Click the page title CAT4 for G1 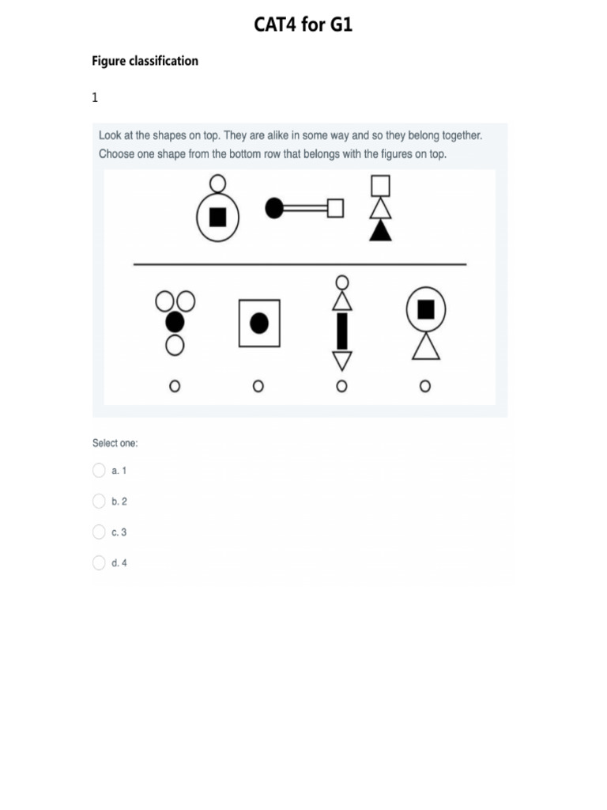(x=303, y=25)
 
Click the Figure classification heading (x=145, y=61)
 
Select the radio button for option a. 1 (x=99, y=471)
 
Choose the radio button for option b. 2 (x=99, y=501)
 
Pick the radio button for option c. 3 (x=99, y=532)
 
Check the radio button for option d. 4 (x=99, y=562)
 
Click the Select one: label (x=115, y=444)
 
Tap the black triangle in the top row (x=381, y=230)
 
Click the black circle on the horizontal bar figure (x=274, y=208)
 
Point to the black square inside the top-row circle (x=217, y=216)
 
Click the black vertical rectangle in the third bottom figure (x=341, y=331)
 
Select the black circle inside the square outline (x=259, y=323)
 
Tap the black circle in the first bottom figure (x=175, y=323)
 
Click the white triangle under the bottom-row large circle (x=425, y=346)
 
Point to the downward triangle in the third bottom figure (x=341, y=361)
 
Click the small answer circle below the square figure (x=258, y=386)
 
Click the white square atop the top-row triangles (x=381, y=185)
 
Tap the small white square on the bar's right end (x=336, y=208)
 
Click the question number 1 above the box (x=95, y=98)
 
